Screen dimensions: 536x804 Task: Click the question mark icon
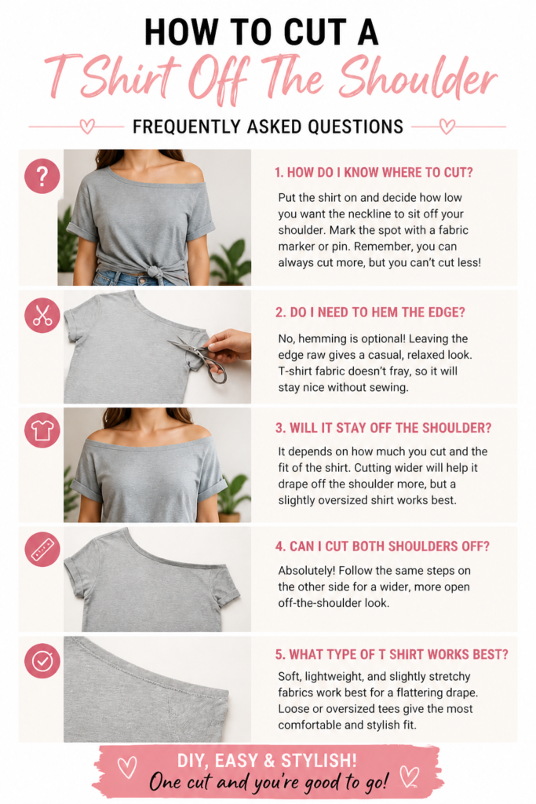(42, 176)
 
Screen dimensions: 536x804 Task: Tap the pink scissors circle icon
(42, 315)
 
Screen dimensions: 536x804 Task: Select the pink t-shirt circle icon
(42, 430)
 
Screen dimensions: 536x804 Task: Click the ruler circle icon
(42, 549)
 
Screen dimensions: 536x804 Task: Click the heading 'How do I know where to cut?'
(374, 172)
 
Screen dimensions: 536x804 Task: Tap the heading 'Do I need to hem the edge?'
(370, 312)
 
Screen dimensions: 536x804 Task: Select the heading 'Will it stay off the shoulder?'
(383, 428)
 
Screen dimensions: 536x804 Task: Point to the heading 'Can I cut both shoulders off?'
(382, 546)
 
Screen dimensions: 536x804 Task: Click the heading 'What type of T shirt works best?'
(392, 654)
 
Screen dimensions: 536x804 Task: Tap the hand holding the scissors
(228, 346)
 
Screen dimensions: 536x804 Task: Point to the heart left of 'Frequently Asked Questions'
(88, 126)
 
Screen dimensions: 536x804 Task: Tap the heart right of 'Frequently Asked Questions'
(447, 126)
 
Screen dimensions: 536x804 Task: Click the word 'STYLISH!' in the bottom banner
(318, 760)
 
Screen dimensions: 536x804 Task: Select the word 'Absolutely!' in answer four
(306, 571)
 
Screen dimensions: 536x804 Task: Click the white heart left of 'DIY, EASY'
(127, 767)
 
